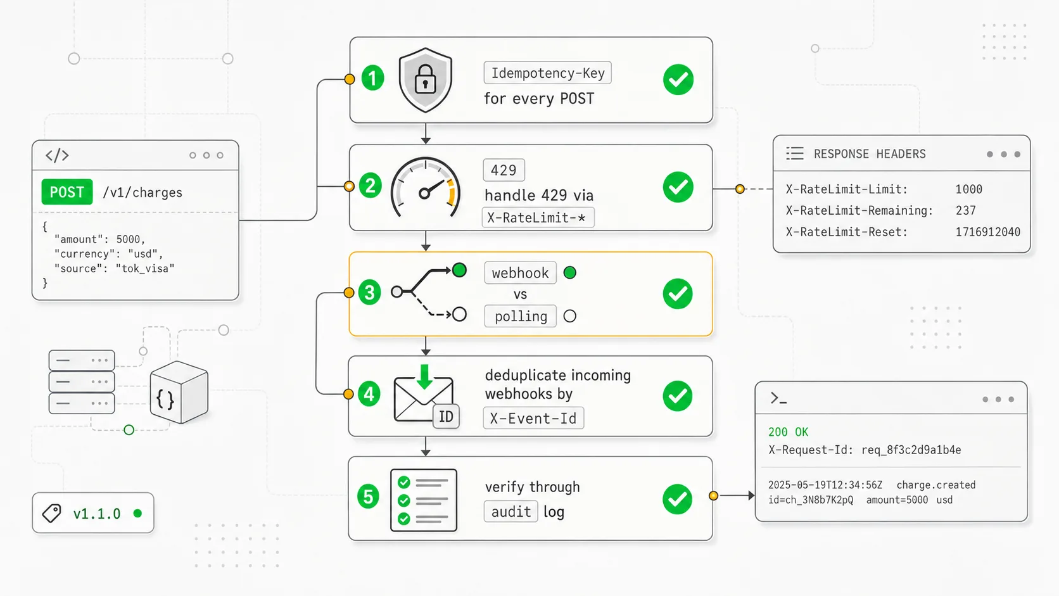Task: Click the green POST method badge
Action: point(67,192)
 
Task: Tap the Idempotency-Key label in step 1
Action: point(547,73)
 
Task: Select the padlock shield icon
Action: point(426,80)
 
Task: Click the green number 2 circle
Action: point(370,186)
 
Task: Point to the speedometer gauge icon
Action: point(425,187)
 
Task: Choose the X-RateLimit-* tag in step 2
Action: point(538,217)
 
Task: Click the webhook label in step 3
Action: point(520,273)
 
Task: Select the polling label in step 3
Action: point(520,315)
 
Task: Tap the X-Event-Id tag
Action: point(533,418)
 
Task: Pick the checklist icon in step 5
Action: point(424,500)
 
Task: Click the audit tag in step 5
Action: point(510,511)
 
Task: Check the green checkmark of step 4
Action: point(678,396)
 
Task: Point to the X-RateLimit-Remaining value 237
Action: point(965,210)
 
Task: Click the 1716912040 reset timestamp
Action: point(987,232)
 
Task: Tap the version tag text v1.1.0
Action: point(97,514)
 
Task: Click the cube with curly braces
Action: point(179,392)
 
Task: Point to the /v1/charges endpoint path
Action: point(143,193)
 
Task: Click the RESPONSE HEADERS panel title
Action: point(870,154)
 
